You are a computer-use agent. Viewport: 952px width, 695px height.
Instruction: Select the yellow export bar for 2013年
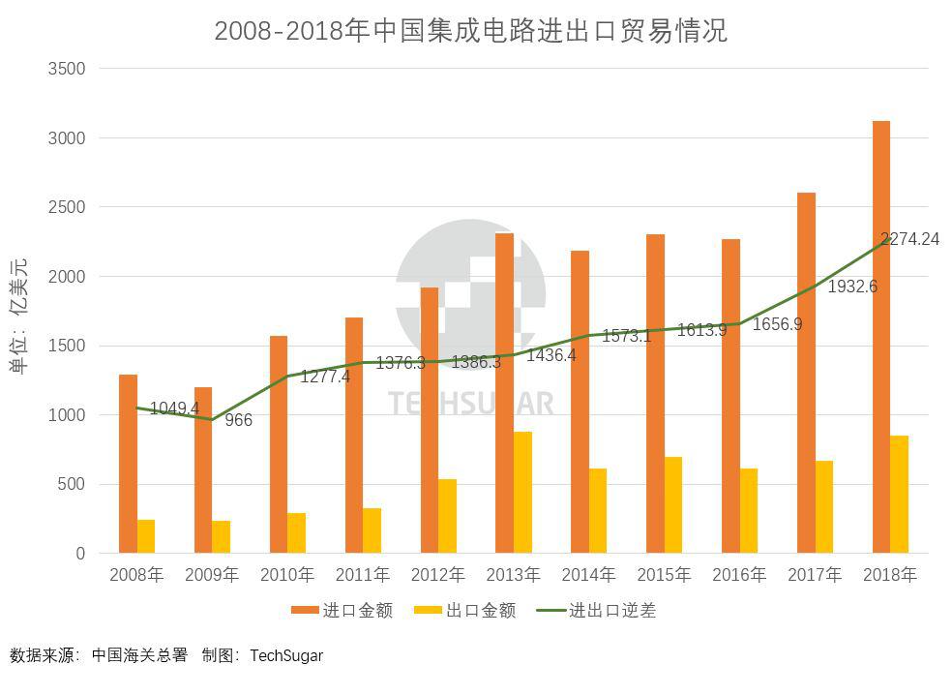tap(522, 493)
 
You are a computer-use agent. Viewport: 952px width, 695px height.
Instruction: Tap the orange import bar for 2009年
tap(203, 470)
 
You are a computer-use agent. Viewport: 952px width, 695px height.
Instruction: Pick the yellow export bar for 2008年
tap(146, 536)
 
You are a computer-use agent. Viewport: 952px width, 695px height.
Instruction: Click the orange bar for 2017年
tap(806, 373)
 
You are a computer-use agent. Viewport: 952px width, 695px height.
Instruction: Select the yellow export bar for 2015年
tap(673, 505)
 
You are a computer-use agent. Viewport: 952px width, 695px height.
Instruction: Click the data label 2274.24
tap(909, 239)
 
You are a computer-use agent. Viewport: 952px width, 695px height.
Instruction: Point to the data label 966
tap(238, 420)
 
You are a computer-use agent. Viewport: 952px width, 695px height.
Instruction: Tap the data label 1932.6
tap(852, 287)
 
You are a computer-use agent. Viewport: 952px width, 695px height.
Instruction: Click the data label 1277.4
tap(325, 377)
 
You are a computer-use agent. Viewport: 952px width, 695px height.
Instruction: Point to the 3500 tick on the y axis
tap(66, 69)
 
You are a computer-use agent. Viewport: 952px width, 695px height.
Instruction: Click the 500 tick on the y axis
tap(72, 484)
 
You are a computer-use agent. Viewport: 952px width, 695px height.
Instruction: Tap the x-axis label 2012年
tap(437, 575)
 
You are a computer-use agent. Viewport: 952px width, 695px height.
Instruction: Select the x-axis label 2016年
tap(739, 575)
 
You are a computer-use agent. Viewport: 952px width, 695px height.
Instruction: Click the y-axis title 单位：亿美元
tap(19, 315)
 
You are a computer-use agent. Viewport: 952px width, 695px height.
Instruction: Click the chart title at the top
tap(470, 31)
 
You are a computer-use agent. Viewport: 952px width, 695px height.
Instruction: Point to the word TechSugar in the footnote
tap(286, 655)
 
